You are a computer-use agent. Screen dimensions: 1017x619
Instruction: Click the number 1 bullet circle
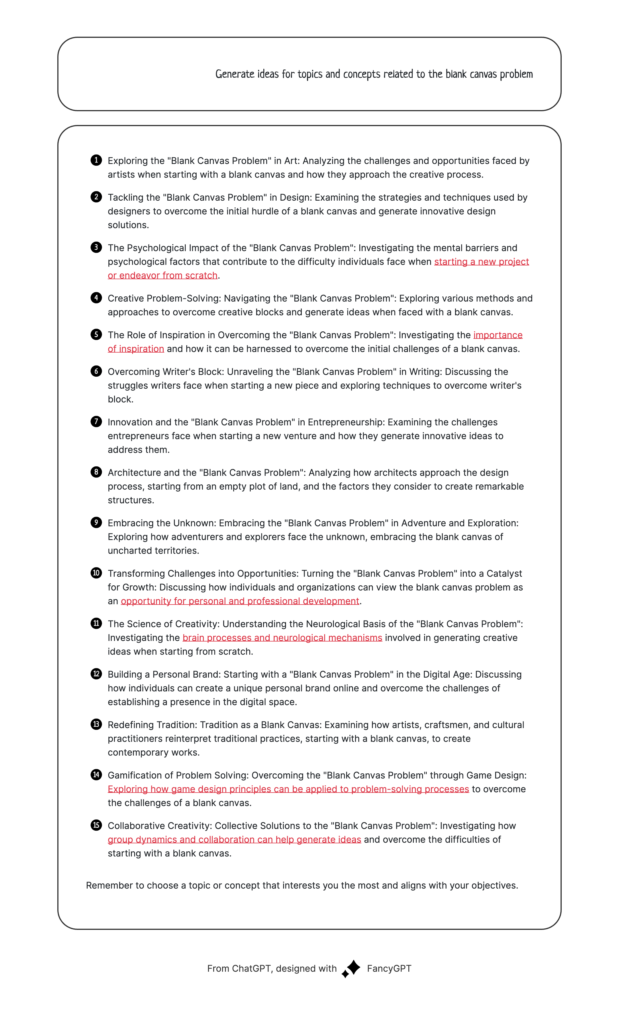[96, 160]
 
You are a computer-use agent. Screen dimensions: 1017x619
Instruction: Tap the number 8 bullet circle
[96, 472]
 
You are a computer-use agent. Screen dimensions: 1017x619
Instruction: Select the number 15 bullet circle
[96, 825]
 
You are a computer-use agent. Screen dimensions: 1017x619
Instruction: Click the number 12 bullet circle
[96, 674]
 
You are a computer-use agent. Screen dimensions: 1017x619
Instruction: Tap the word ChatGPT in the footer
[251, 969]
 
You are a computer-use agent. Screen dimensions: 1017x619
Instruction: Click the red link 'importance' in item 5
[498, 335]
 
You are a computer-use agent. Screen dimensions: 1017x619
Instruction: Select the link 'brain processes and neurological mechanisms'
[282, 638]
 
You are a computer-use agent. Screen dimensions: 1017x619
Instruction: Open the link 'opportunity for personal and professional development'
[240, 601]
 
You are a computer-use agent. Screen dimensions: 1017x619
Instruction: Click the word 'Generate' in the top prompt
[235, 74]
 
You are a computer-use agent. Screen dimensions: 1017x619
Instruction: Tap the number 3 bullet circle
[96, 247]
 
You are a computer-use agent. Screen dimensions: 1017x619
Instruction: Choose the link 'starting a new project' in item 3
[481, 262]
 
